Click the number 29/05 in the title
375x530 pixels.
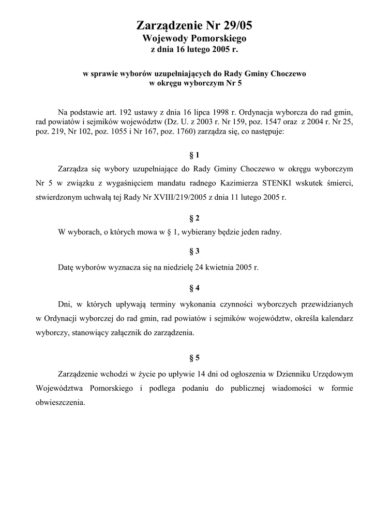235,26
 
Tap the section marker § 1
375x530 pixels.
194,155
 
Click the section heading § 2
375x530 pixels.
194,218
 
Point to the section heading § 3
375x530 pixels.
194,252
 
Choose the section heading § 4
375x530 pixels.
194,287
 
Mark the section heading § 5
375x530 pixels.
194,357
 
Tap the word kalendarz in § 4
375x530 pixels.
336,319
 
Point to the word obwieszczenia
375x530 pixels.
60,403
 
